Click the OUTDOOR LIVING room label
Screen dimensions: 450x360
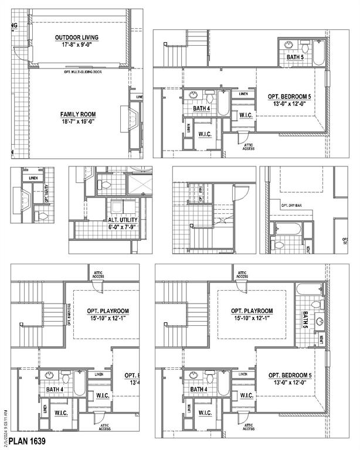(x=77, y=37)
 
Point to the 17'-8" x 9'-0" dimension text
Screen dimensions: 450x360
(x=77, y=45)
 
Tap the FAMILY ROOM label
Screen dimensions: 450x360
(x=77, y=114)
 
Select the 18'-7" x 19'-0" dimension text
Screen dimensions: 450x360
(x=77, y=121)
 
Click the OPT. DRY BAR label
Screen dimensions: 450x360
(x=291, y=206)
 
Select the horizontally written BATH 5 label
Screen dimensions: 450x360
(x=296, y=57)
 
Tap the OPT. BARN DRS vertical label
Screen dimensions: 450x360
(x=69, y=315)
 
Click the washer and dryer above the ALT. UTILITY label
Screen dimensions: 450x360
(x=128, y=206)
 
